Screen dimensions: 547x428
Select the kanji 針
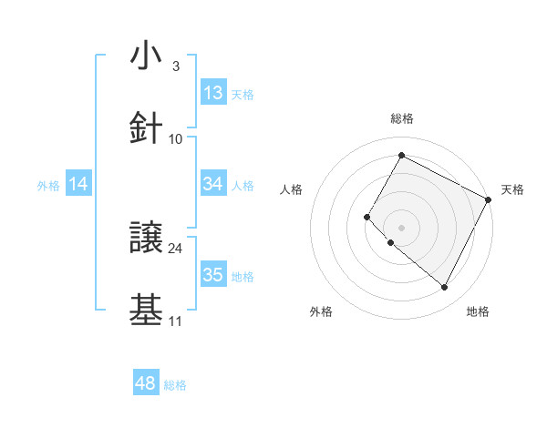pos(146,128)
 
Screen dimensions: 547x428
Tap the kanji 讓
pos(146,238)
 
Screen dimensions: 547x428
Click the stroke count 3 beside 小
pos(175,66)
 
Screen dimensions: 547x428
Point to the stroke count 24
pos(176,248)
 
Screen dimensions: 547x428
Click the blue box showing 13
pos(213,93)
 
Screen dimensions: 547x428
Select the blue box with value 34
pos(213,184)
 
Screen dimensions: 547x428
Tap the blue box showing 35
pos(213,275)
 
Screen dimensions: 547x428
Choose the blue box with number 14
pos(78,185)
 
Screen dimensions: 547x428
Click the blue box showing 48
pos(146,383)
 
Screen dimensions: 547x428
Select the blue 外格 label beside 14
pos(48,186)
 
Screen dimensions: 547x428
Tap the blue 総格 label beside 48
pos(175,385)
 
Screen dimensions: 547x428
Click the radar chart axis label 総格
pos(401,118)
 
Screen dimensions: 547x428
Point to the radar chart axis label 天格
pos(512,189)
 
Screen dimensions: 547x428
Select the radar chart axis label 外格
pos(321,311)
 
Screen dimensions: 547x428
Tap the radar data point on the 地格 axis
pos(445,288)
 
